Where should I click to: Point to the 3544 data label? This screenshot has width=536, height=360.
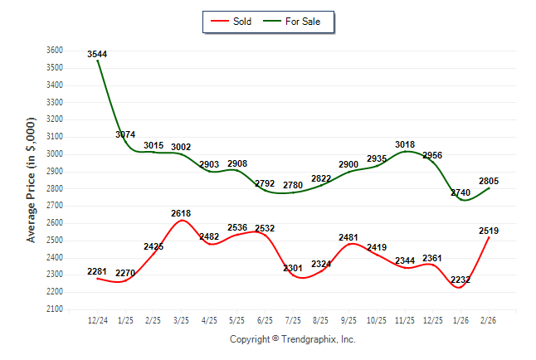pos(98,54)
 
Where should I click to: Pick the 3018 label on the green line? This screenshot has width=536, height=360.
pos(405,144)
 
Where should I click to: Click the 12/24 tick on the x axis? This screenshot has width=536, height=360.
pos(98,319)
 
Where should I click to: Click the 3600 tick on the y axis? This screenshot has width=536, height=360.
pos(54,50)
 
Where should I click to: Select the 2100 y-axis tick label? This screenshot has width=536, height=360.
pos(54,309)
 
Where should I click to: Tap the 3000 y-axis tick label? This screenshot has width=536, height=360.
pos(54,154)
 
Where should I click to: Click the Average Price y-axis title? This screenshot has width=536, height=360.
pos(32,179)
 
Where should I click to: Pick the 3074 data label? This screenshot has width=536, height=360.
pos(126,134)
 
